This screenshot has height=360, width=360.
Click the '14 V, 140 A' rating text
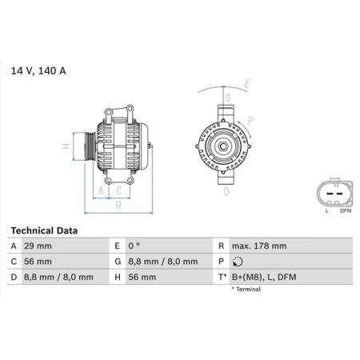(x=38, y=71)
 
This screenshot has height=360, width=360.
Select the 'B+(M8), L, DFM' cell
(x=264, y=277)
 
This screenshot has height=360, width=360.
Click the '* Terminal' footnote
(x=249, y=289)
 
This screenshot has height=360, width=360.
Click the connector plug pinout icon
(x=332, y=193)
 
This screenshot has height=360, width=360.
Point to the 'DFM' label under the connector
(x=344, y=211)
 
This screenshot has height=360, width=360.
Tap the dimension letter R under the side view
(x=118, y=204)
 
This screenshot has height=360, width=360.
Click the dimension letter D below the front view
(x=226, y=192)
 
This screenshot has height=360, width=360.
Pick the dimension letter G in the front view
(x=226, y=97)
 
